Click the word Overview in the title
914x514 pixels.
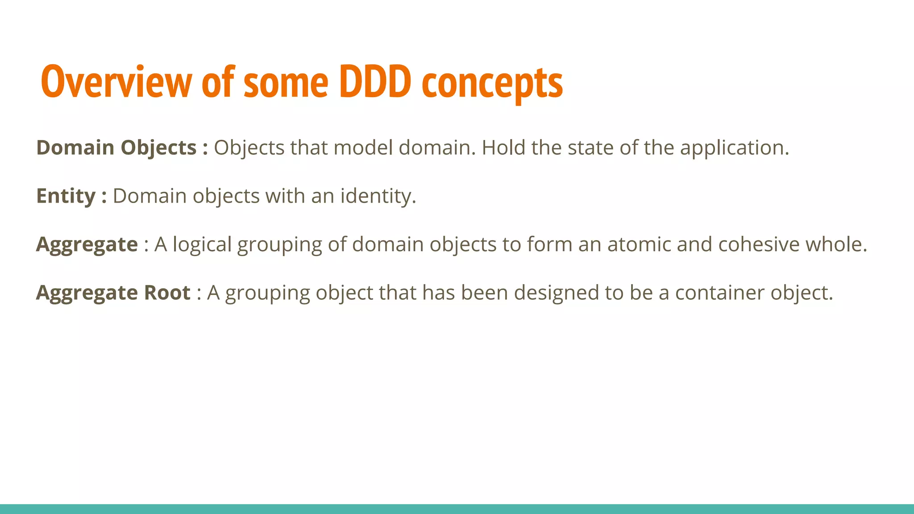116,82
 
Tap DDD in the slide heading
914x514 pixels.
375,82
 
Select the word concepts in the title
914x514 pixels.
492,84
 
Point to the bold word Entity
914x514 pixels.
66,196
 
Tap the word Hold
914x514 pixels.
503,148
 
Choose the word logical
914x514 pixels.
202,245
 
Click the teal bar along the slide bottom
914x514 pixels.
457,509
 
